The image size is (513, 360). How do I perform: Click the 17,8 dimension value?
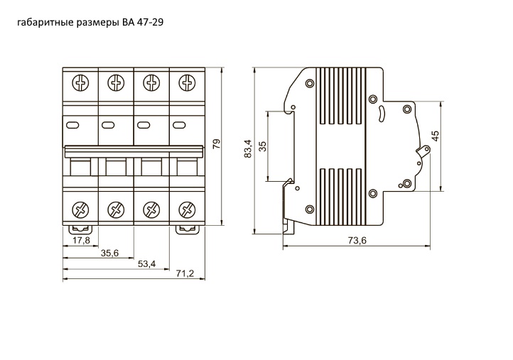[81, 241]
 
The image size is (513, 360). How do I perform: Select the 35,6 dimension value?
[109, 253]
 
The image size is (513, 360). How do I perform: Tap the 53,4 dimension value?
[146, 264]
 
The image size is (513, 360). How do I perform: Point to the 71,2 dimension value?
[185, 273]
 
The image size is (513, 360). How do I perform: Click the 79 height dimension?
[217, 144]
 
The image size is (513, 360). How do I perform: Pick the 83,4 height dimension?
[248, 149]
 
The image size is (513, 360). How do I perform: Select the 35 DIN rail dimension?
[263, 146]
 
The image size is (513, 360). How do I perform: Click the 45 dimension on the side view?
[435, 136]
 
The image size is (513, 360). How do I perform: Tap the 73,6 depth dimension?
[357, 241]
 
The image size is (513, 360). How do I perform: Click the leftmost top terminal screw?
[80, 83]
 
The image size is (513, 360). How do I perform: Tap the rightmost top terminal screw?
[187, 83]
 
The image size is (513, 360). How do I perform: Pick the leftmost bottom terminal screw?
[80, 209]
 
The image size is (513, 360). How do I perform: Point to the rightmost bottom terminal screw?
[187, 209]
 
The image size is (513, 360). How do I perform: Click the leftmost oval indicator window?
[72, 125]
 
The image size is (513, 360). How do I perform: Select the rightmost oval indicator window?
[179, 125]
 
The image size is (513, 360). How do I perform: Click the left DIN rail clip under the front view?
[80, 229]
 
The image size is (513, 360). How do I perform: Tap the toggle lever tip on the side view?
[426, 149]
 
